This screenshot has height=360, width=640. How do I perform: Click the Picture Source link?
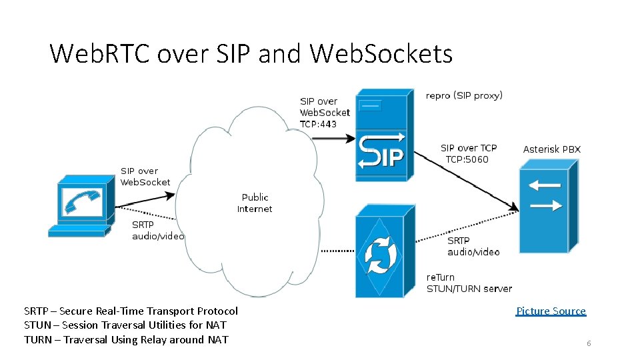pyautogui.click(x=551, y=311)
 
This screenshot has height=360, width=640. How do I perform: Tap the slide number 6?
pyautogui.click(x=589, y=343)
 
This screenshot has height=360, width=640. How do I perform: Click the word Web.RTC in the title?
pyautogui.click(x=99, y=53)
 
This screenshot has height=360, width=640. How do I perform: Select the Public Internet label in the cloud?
pyautogui.click(x=255, y=203)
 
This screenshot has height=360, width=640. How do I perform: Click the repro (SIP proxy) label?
pyautogui.click(x=464, y=95)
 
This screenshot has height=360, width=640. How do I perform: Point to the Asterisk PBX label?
pyautogui.click(x=551, y=149)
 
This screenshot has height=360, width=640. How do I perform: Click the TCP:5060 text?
pyautogui.click(x=467, y=159)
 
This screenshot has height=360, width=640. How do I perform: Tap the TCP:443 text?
pyautogui.click(x=318, y=124)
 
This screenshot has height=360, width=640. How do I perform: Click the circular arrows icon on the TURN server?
pyautogui.click(x=378, y=254)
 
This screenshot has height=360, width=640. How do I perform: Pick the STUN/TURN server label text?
pyautogui.click(x=469, y=289)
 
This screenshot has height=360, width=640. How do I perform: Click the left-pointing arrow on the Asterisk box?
pyautogui.click(x=545, y=185)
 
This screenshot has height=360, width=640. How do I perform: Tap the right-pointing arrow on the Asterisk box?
pyautogui.click(x=545, y=205)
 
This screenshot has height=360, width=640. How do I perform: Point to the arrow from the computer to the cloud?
pyautogui.click(x=147, y=199)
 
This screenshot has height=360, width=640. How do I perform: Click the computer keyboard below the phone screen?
pyautogui.click(x=77, y=231)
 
